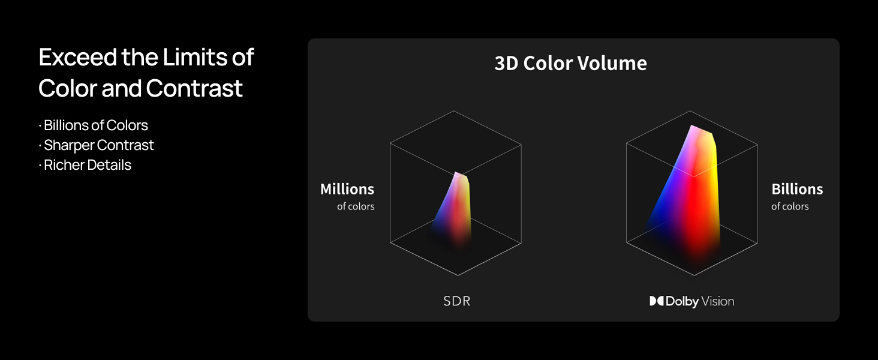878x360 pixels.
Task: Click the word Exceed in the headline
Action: (78, 57)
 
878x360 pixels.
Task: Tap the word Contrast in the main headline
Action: (194, 88)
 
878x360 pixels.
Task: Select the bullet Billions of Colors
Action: (94, 125)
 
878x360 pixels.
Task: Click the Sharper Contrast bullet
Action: (97, 145)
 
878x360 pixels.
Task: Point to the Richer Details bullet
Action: (85, 165)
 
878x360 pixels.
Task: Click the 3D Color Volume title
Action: (570, 63)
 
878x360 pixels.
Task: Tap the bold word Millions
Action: (347, 189)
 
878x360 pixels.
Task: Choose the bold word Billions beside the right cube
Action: (797, 189)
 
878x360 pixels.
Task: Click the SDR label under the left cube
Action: (457, 301)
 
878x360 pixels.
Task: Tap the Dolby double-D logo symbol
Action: (657, 301)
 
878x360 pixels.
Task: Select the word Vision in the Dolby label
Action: (718, 301)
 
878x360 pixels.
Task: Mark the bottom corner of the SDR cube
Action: (458, 275)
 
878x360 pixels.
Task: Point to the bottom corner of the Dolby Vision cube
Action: (694, 275)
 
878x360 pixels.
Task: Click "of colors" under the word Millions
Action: (356, 206)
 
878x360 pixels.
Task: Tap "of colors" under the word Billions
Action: (790, 206)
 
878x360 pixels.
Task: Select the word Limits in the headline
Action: (195, 57)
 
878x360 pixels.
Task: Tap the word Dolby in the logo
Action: (682, 301)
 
